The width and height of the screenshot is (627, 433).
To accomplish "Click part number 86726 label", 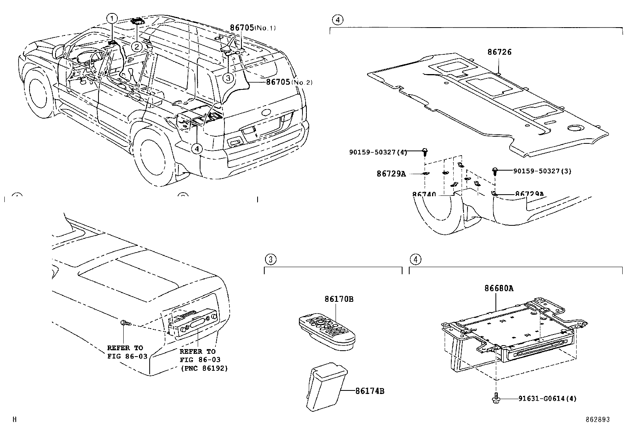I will tap(499, 52).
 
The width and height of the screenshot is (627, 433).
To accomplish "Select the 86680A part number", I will tap(499, 288).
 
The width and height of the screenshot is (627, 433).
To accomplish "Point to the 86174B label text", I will tap(369, 391).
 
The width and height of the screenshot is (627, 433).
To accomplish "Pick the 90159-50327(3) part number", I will tap(542, 171).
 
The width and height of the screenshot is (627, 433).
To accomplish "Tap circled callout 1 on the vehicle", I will tap(113, 18).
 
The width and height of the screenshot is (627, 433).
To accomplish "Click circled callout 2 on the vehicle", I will tap(137, 47).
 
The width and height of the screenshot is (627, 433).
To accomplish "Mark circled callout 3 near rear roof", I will tap(228, 78).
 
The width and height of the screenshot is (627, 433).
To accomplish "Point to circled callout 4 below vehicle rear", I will tap(197, 149).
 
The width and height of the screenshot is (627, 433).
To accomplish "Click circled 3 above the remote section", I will tap(270, 259).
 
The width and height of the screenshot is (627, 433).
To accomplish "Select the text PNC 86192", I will tap(204, 368).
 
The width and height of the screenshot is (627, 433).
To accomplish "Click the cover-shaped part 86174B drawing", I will tap(325, 386).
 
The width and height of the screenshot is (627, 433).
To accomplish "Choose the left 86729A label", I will tap(391, 173).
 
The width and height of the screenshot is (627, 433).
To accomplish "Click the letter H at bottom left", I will tap(15, 420).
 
